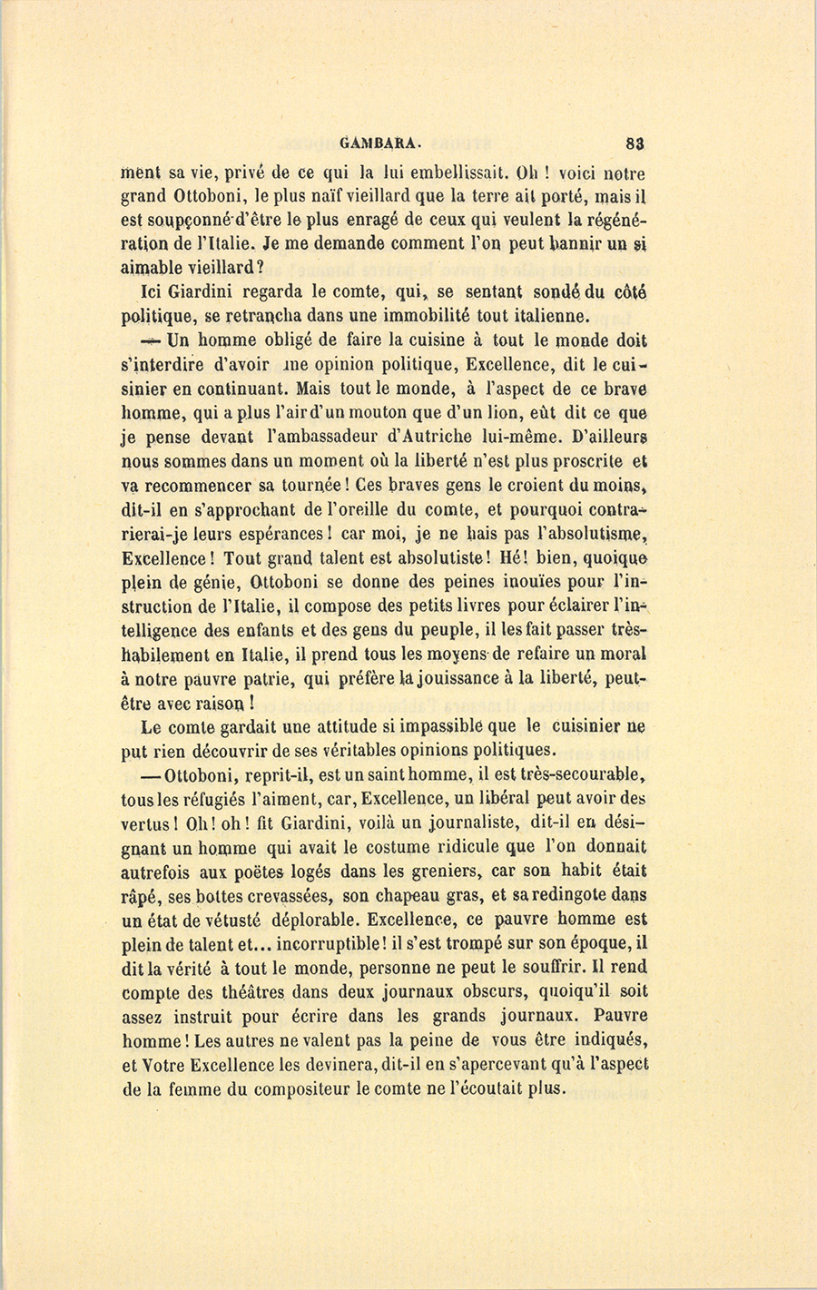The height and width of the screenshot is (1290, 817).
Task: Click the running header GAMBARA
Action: (x=379, y=142)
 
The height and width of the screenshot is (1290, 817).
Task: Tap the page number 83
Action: (x=635, y=142)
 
